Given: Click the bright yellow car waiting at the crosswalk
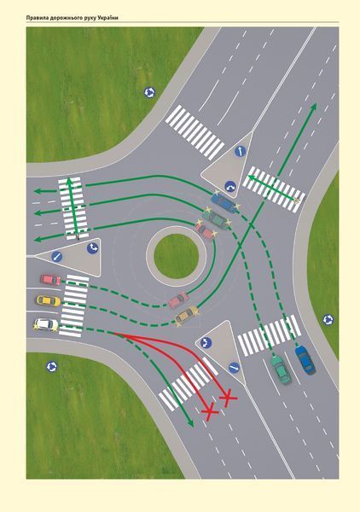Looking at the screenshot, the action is [x=48, y=300].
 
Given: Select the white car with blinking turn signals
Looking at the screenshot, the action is [x=46, y=324].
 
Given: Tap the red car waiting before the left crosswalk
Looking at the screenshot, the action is [x=50, y=280].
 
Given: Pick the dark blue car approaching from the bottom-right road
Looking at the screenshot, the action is [x=305, y=359].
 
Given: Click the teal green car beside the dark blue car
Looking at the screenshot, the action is [x=281, y=369].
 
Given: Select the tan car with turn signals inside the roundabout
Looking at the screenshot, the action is [x=187, y=315].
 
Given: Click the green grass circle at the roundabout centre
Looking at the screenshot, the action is [x=176, y=256].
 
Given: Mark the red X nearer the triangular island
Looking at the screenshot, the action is [x=228, y=397].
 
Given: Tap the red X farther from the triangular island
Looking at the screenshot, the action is [x=210, y=412].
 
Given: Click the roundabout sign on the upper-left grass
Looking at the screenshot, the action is [x=149, y=93].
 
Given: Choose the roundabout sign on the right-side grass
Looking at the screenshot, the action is [x=328, y=319].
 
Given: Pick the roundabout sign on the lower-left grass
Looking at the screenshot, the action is [x=51, y=366].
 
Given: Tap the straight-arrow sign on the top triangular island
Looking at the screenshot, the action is [x=240, y=152].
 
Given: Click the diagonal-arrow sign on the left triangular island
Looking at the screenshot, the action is [x=56, y=257].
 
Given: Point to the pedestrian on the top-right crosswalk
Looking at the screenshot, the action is [x=297, y=201].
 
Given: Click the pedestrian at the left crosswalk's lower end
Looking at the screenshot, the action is [x=78, y=237].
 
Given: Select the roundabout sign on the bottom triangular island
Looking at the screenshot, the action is [x=206, y=343].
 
